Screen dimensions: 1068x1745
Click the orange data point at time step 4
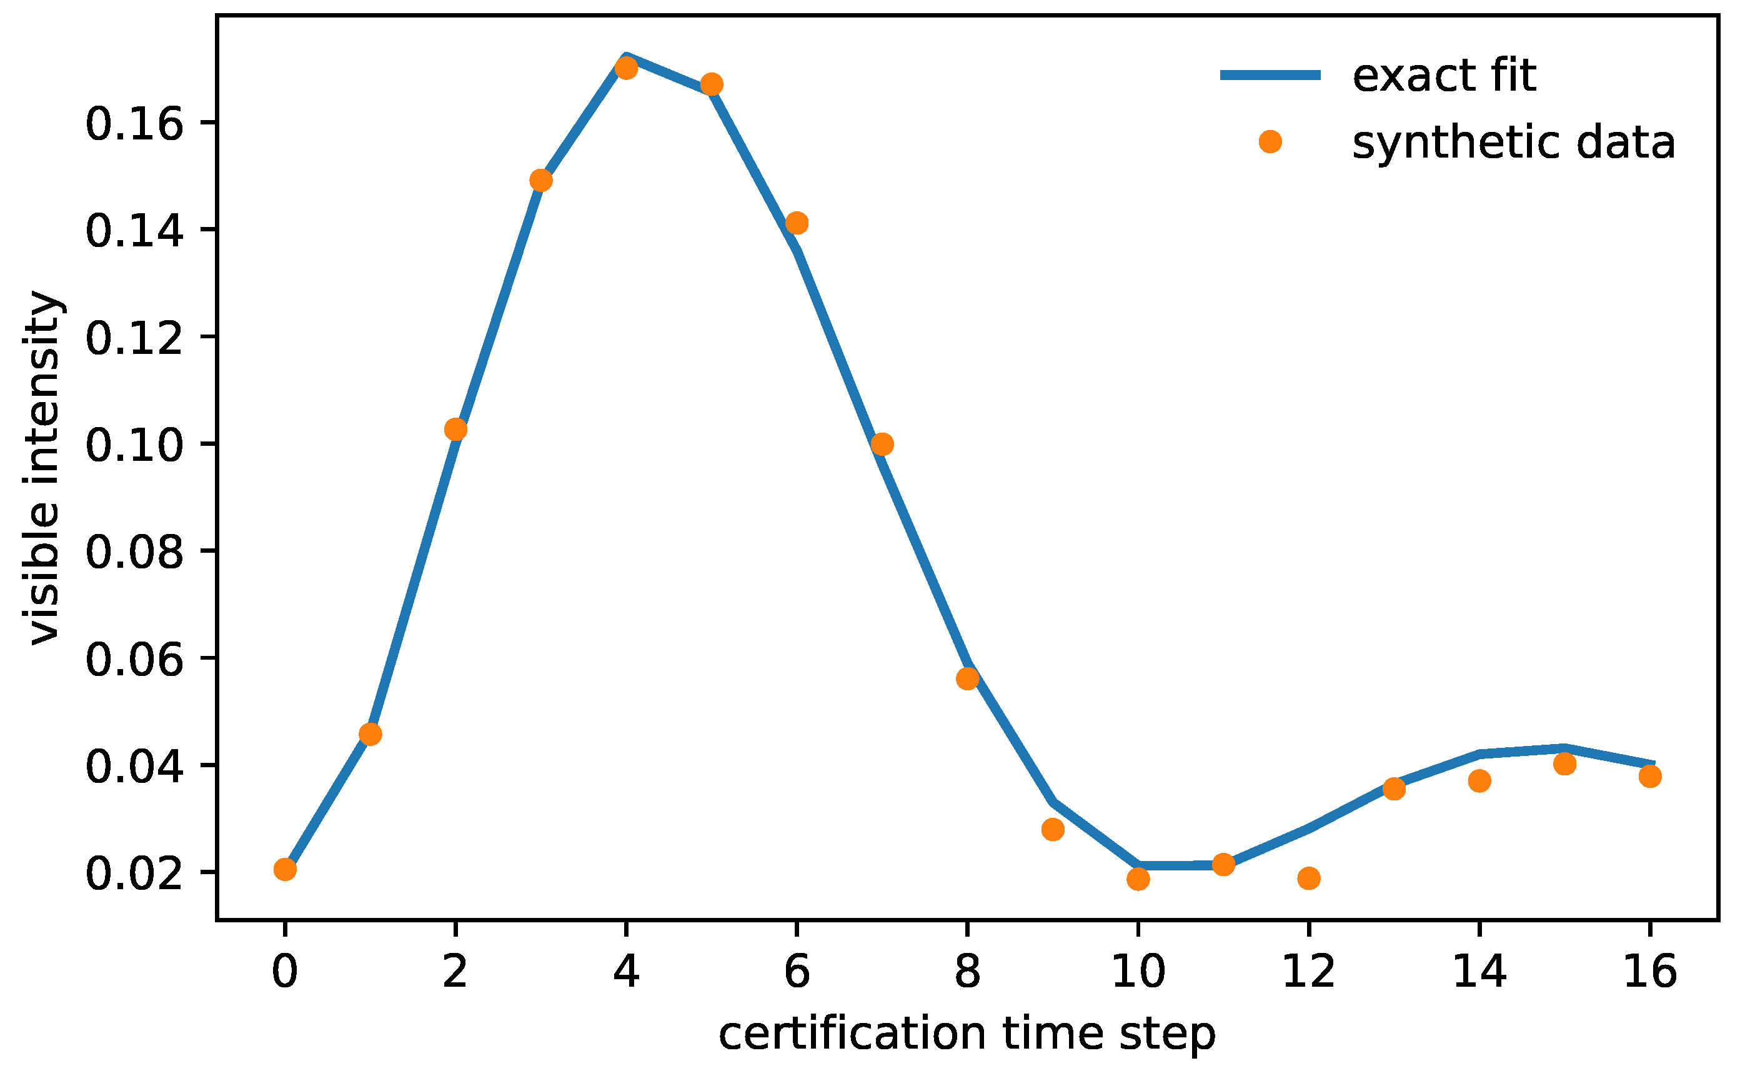[x=626, y=69]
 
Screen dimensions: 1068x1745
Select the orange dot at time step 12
[x=1309, y=879]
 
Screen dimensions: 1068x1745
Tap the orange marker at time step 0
[x=285, y=870]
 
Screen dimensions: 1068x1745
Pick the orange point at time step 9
[x=1053, y=829]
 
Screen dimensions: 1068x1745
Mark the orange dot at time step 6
[x=797, y=223]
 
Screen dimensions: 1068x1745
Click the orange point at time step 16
[x=1650, y=776]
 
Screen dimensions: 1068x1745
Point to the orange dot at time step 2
[x=455, y=430]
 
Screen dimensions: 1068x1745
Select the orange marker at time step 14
[x=1479, y=781]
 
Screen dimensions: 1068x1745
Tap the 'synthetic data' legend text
[x=1513, y=143]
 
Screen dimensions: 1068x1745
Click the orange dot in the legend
[x=1271, y=142]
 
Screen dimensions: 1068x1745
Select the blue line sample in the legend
[x=1271, y=75]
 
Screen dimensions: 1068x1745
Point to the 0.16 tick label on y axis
[x=134, y=124]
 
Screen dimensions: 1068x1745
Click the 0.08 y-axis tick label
[x=134, y=552]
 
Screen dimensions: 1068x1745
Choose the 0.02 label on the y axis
[x=134, y=873]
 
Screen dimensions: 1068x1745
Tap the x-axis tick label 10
[x=1138, y=972]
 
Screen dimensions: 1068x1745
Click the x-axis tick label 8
[x=967, y=972]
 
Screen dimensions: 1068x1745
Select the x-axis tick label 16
[x=1650, y=972]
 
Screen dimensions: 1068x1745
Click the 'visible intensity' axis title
[x=44, y=468]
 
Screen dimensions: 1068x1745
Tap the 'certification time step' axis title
[x=967, y=1035]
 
